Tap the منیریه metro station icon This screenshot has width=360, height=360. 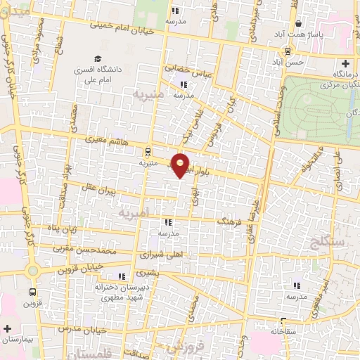coord(148,151)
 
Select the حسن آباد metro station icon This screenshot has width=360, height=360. coord(288,51)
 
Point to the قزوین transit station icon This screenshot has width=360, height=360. coord(33,292)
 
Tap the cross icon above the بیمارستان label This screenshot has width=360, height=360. coord(8,328)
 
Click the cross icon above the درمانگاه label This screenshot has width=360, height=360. coord(345,64)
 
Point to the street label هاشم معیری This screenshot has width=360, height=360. coord(104,141)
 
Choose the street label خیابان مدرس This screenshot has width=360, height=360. coord(82,329)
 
